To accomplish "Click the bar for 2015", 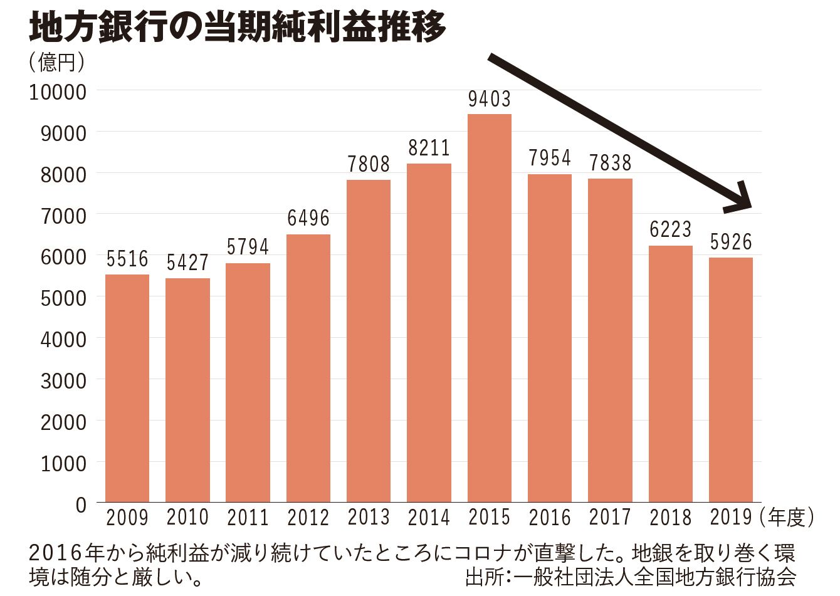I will point(490,307).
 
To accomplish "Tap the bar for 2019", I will point(731,379).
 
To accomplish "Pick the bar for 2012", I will point(308,368).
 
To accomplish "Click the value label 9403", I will point(490,99).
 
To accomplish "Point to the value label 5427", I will point(187,263).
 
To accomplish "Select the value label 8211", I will point(429,149).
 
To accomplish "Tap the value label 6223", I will point(671,230).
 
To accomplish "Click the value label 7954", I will point(550,159).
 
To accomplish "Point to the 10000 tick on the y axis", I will point(58,91).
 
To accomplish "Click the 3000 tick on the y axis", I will point(63,380).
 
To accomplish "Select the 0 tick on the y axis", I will point(81,505).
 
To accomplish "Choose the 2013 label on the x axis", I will point(369,518).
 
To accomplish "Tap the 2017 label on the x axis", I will point(610,518).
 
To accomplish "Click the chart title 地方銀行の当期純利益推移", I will point(238,27).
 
